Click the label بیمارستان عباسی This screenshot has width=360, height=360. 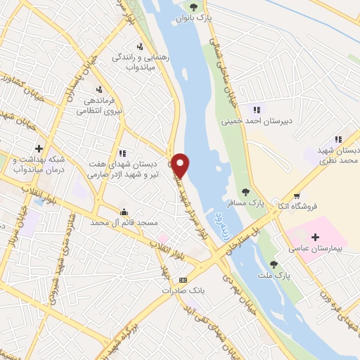(315, 248)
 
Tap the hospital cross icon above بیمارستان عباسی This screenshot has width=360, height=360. (315, 237)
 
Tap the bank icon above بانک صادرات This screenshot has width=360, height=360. (184, 279)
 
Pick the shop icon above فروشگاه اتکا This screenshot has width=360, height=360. (297, 195)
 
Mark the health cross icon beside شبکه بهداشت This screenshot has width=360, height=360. (39, 148)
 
